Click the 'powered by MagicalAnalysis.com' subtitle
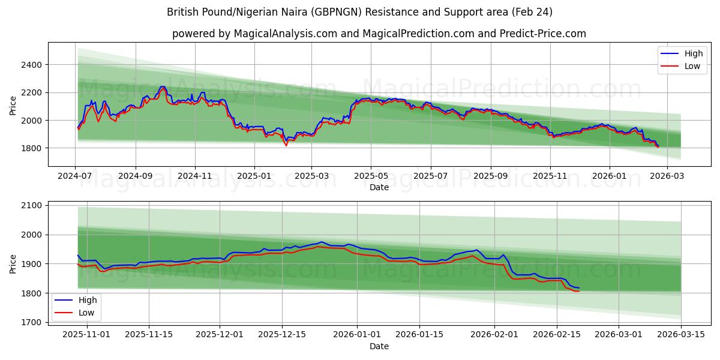tap(379, 34)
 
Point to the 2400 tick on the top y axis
tap(31, 65)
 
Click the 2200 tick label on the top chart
tap(31, 92)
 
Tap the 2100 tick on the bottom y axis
tap(31, 206)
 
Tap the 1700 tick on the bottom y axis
tap(31, 323)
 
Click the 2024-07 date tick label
tap(75, 176)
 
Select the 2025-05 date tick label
tap(370, 176)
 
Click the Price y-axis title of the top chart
tap(13, 106)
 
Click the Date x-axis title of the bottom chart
tap(379, 347)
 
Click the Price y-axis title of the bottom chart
tap(13, 264)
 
